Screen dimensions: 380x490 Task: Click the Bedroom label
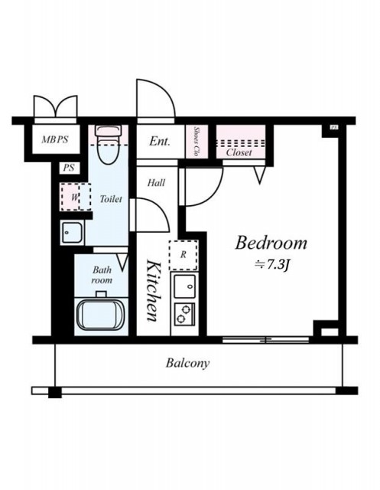[x=271, y=243]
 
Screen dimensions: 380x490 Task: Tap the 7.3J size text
[x=273, y=266]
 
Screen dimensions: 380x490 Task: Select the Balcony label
[x=188, y=364]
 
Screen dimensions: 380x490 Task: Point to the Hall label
[x=156, y=182]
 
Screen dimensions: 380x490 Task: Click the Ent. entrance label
[x=160, y=141]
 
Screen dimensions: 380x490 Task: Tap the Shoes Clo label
[x=196, y=141]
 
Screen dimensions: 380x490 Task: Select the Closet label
[x=239, y=152]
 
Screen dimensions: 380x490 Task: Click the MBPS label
[x=55, y=139]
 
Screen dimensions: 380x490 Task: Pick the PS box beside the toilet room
[x=69, y=168]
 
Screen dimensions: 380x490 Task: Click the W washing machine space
[x=76, y=197]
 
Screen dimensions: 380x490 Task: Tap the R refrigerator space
[x=184, y=255]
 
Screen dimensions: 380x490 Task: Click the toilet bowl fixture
[x=108, y=145]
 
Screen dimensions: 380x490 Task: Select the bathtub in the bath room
[x=101, y=315]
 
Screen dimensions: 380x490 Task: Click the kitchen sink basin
[x=185, y=286]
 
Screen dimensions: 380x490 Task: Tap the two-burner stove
[x=184, y=315]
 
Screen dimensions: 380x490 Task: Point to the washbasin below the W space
[x=72, y=232]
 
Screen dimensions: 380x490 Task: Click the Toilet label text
[x=111, y=199]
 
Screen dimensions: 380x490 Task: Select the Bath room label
[x=102, y=275]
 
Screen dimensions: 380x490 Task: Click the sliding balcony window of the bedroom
[x=266, y=340]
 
